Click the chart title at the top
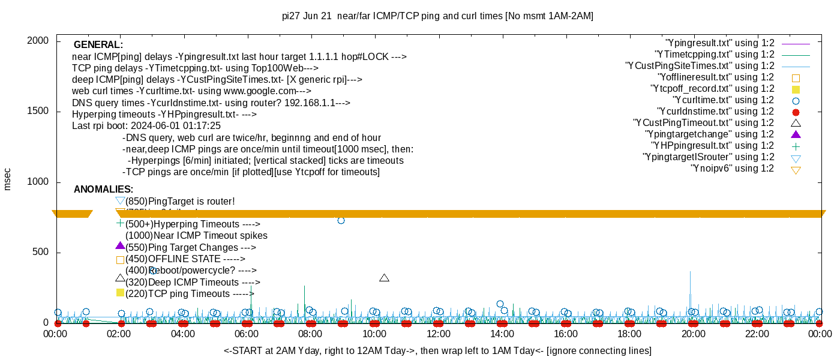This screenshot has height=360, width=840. (437, 16)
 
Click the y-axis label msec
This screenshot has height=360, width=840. (8, 179)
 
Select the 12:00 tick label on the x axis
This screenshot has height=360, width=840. (438, 334)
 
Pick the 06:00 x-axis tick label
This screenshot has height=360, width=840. (247, 334)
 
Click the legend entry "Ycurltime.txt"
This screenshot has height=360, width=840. (723, 100)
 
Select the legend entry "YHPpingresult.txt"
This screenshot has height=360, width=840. (713, 146)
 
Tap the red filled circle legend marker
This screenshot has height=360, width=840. (796, 112)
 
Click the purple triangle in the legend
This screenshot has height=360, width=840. (796, 134)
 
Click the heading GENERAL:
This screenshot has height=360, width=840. (98, 45)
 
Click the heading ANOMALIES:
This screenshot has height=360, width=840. (103, 190)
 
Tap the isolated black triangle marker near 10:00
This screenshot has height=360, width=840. (385, 278)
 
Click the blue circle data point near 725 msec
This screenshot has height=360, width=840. (341, 221)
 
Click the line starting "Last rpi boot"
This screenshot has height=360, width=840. (146, 126)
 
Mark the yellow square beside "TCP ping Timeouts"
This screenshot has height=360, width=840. (120, 293)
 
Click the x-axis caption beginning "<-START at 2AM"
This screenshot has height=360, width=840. (437, 350)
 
